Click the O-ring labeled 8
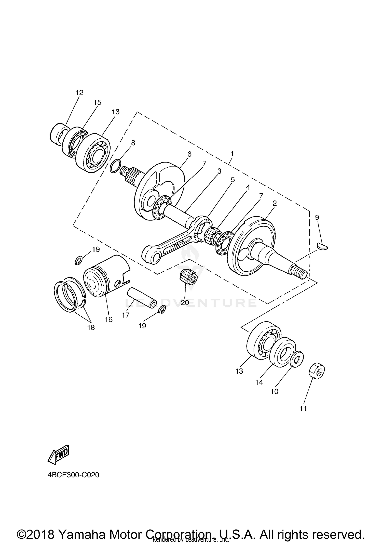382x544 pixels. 115,166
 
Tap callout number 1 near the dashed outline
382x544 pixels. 232,154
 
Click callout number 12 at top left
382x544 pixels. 79,92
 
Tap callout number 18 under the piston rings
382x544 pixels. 91,327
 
